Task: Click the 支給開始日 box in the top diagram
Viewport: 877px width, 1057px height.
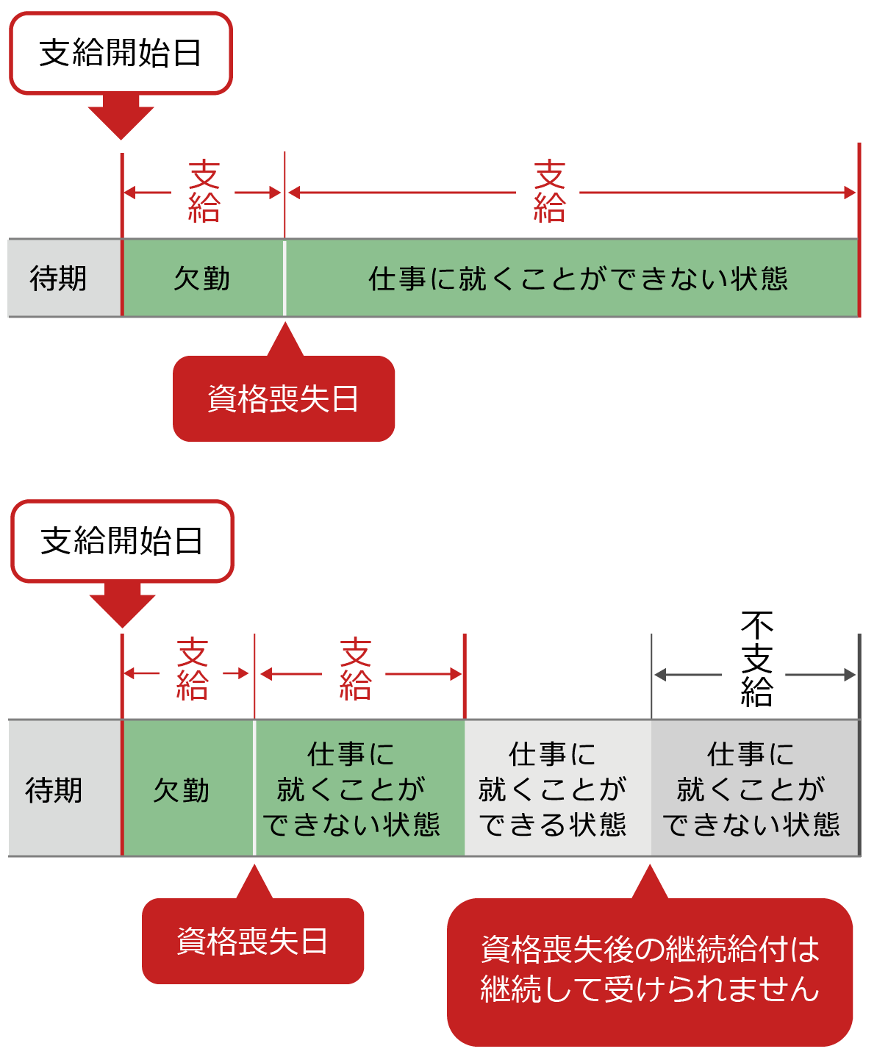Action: (121, 53)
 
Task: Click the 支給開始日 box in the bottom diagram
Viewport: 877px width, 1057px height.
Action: (122, 541)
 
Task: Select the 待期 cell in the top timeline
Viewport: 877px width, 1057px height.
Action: (65, 279)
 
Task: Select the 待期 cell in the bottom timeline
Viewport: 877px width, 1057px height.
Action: (65, 789)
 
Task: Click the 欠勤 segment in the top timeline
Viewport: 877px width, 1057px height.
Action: (203, 279)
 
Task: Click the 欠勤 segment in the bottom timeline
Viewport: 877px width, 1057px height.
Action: (187, 789)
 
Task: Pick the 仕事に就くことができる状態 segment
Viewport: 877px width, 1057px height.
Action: (558, 789)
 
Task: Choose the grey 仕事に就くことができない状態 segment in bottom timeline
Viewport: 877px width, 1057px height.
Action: (755, 789)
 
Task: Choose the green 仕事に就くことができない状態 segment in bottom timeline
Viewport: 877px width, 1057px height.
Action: (359, 789)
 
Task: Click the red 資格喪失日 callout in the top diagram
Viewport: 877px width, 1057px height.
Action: (284, 399)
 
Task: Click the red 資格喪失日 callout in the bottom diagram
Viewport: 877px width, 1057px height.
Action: (253, 941)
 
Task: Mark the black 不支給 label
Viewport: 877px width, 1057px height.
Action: (756, 659)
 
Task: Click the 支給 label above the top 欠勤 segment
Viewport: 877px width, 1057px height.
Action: (204, 193)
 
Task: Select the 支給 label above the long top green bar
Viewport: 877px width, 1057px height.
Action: (549, 193)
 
